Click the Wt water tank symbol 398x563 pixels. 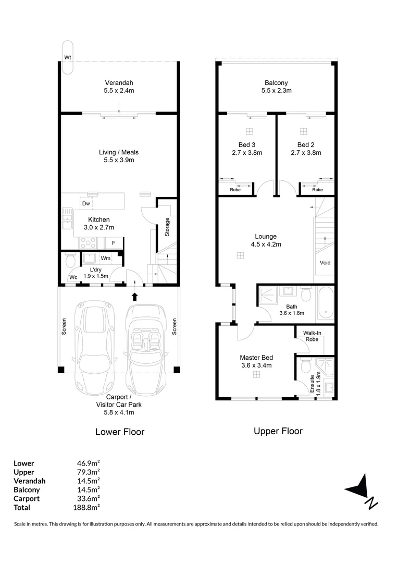coord(67,57)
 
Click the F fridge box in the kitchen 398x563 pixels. coord(114,243)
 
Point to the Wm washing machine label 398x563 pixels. coord(105,258)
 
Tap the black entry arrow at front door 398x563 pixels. coord(135,297)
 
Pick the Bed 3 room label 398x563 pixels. coord(247,144)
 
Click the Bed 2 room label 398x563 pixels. coord(306,144)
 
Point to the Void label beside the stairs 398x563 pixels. coord(325,263)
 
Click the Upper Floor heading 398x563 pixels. coord(278,431)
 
